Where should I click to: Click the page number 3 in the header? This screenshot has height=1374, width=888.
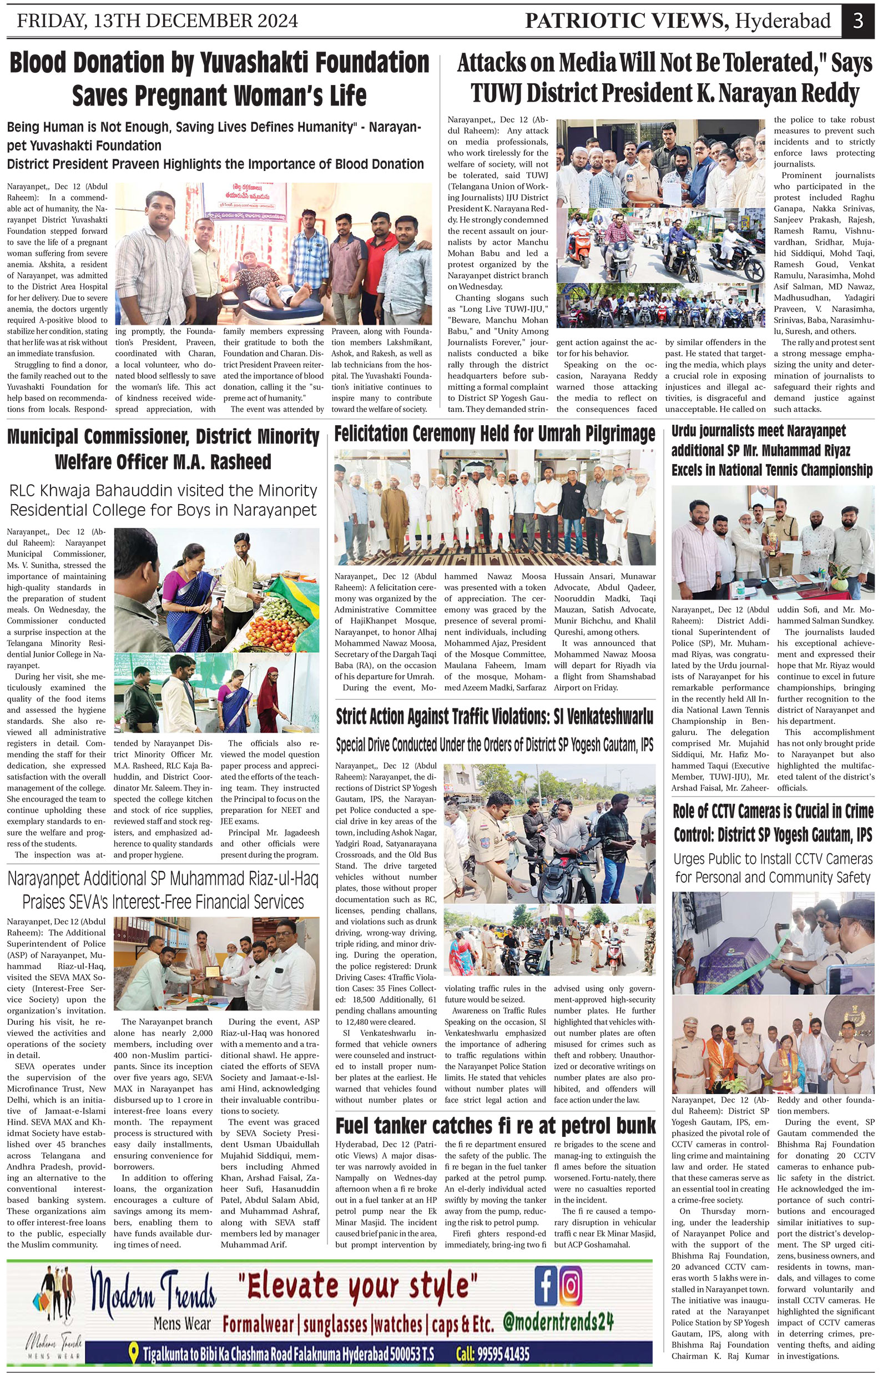tap(858, 21)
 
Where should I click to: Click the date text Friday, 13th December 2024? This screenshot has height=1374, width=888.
tap(157, 21)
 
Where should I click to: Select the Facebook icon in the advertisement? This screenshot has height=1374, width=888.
tap(546, 1285)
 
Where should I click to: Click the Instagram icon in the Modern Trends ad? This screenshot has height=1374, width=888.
tap(571, 1285)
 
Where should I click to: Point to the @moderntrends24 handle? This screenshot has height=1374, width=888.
tap(558, 1321)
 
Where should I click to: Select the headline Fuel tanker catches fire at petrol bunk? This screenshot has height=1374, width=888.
tap(495, 1125)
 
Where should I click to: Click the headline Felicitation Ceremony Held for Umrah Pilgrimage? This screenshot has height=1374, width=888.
tap(495, 434)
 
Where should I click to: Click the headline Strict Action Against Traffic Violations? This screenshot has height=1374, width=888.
tap(495, 717)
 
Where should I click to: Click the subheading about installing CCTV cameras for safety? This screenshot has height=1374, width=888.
tap(773, 868)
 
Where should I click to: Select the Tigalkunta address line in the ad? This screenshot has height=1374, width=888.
tap(288, 1353)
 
